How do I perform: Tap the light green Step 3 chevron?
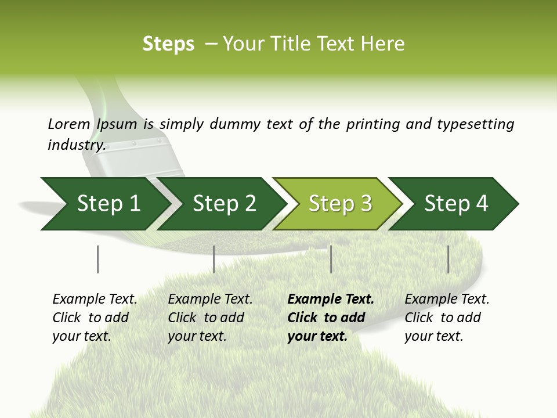click(340, 204)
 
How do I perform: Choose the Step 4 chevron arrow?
click(456, 204)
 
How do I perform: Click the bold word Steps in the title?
click(168, 44)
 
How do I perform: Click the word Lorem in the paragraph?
click(68, 124)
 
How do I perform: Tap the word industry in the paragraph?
click(76, 145)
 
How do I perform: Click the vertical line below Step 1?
click(97, 259)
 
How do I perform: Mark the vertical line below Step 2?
click(214, 259)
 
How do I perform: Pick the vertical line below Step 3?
click(331, 259)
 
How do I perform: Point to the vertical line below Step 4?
click(448, 259)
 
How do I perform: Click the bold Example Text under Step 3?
click(330, 300)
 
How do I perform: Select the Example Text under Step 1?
click(95, 300)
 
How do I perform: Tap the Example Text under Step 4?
click(447, 300)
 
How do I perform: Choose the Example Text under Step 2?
click(210, 300)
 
